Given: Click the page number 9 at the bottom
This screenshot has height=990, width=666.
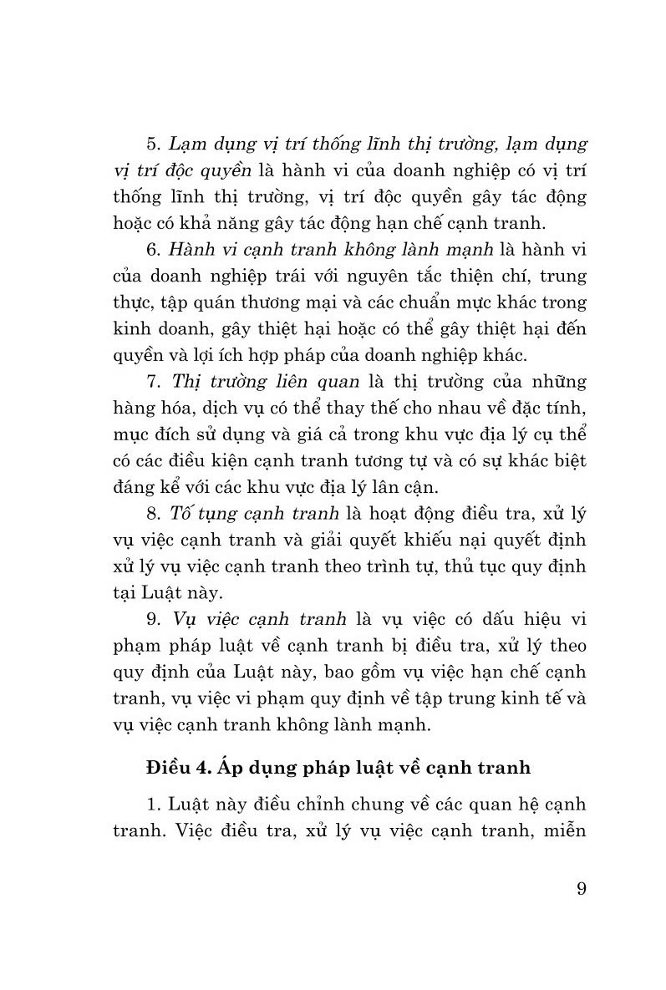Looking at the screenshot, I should click(581, 887).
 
